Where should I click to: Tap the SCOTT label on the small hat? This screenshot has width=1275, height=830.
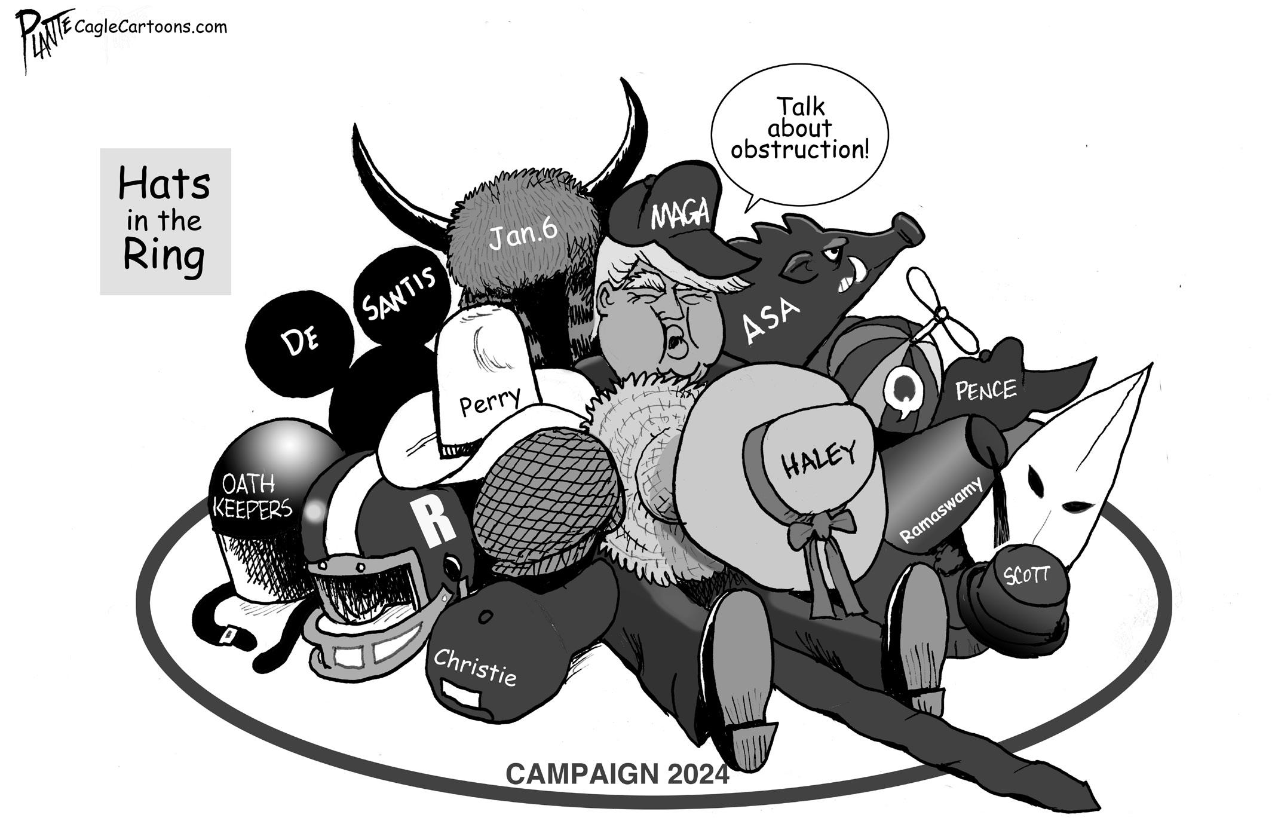tap(1026, 575)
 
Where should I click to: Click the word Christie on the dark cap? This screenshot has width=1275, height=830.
tap(474, 666)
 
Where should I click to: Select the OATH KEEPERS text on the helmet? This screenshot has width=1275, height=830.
tap(253, 495)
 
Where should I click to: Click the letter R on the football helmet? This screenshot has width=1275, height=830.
tap(437, 522)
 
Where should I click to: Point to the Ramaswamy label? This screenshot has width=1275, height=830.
tap(940, 510)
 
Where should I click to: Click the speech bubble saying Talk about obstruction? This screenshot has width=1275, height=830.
tap(799, 128)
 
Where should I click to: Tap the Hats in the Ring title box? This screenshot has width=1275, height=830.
tap(165, 221)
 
